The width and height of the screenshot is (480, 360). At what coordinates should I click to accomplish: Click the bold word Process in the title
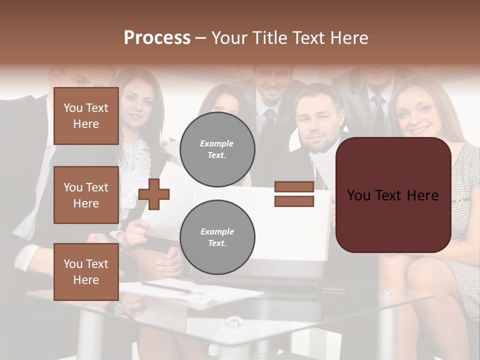coord(157,38)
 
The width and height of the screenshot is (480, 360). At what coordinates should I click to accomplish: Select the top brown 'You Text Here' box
coord(86,116)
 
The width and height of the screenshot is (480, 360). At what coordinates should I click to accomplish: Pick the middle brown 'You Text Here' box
coord(86,195)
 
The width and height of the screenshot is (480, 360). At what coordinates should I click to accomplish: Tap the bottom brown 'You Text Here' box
coord(86,271)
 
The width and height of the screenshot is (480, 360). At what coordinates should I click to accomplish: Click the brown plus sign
coord(154,194)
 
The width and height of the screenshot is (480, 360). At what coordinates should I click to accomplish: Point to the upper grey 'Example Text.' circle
coord(217,149)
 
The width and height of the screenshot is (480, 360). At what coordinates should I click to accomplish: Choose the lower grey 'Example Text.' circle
coord(217,237)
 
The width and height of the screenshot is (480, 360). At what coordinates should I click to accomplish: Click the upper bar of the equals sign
coord(294,187)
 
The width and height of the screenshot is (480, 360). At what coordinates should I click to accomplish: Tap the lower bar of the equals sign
coord(294,201)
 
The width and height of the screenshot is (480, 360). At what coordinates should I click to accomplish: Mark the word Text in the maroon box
coord(396,195)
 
